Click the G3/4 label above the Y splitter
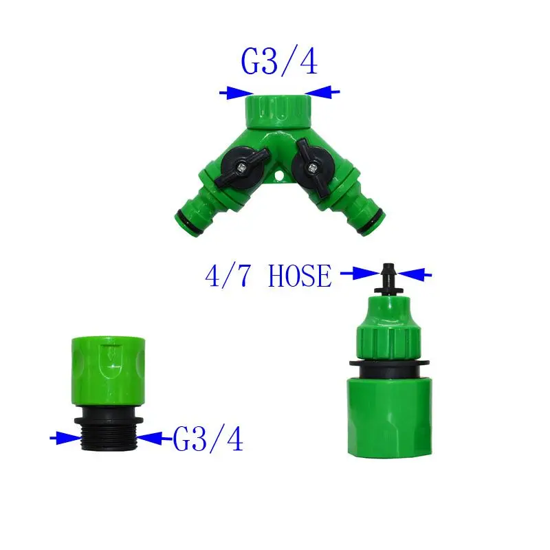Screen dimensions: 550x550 tap(279, 60)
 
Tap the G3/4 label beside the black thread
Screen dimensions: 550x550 tap(208, 439)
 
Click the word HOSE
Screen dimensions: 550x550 tap(300, 276)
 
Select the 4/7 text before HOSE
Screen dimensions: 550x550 tap(228, 276)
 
